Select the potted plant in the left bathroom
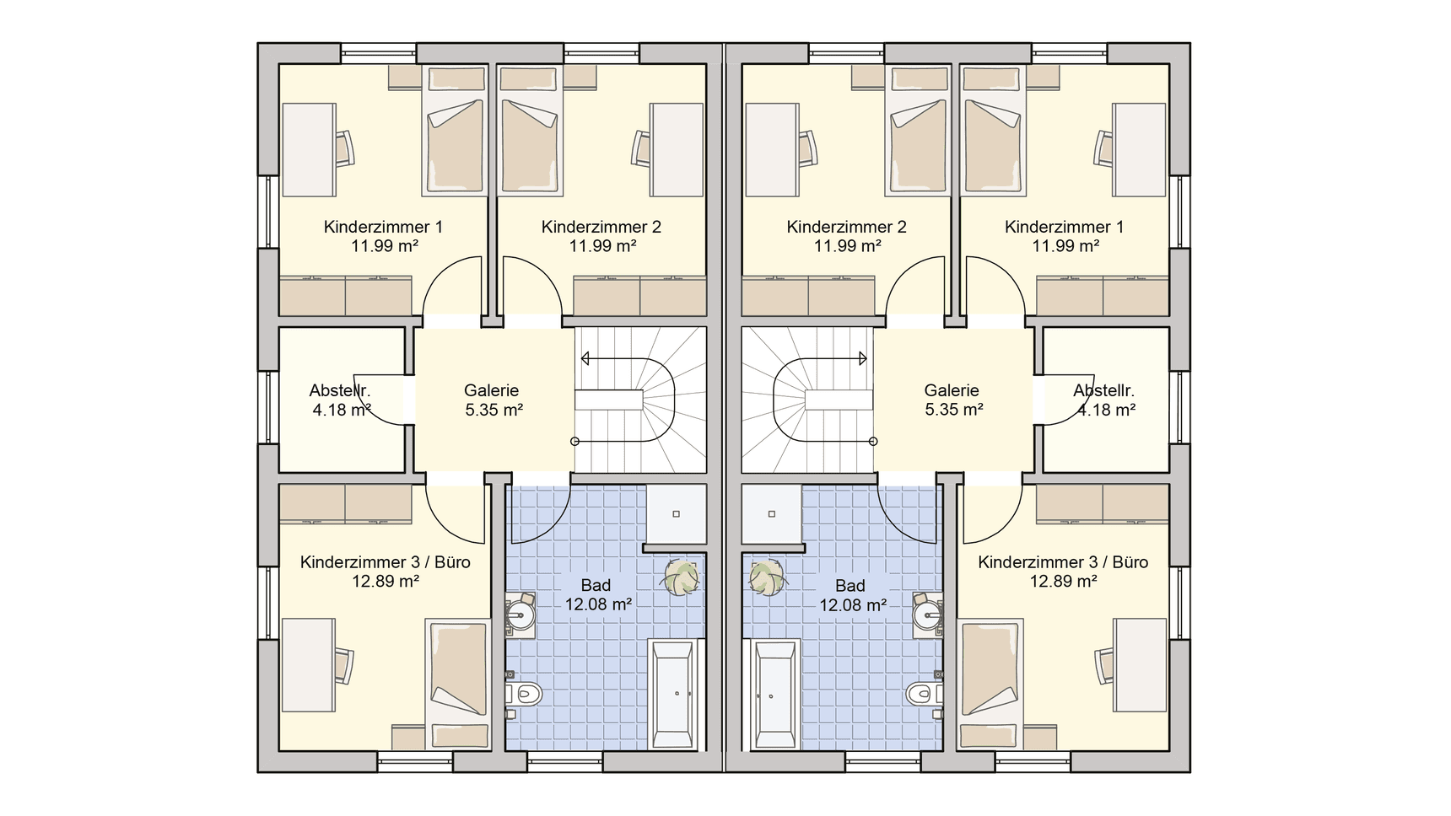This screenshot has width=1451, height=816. (x=681, y=578)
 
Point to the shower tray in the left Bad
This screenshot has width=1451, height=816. (x=676, y=513)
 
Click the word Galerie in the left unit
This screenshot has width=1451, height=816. (x=491, y=390)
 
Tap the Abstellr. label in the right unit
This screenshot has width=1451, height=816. (x=1103, y=390)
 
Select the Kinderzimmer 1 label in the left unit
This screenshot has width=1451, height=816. (x=383, y=227)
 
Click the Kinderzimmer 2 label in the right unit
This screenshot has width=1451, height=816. (x=846, y=227)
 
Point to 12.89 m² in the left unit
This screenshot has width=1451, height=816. (x=386, y=582)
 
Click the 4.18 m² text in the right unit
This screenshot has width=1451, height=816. (x=1106, y=411)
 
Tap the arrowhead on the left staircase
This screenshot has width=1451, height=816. (x=585, y=359)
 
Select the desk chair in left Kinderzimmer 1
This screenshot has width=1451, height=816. (x=344, y=149)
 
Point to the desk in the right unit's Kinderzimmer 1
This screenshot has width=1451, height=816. (x=1139, y=150)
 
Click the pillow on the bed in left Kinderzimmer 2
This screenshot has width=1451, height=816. (x=529, y=79)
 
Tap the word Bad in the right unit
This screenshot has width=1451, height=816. (x=850, y=586)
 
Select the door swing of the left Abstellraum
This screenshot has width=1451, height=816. (x=381, y=399)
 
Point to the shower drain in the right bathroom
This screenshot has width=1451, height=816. (x=771, y=513)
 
